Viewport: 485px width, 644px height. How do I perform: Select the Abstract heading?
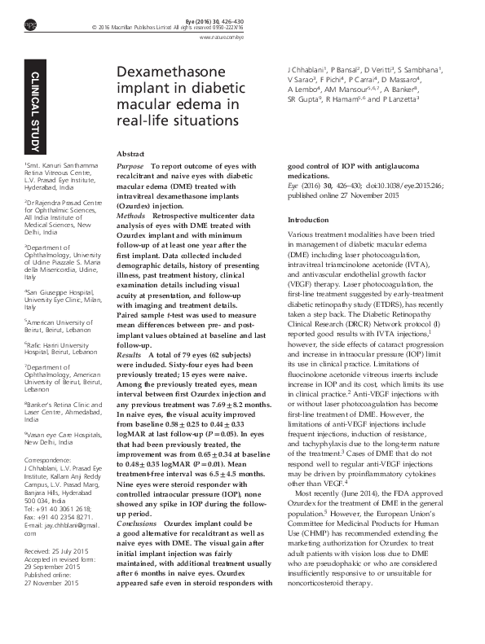(x=131, y=153)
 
